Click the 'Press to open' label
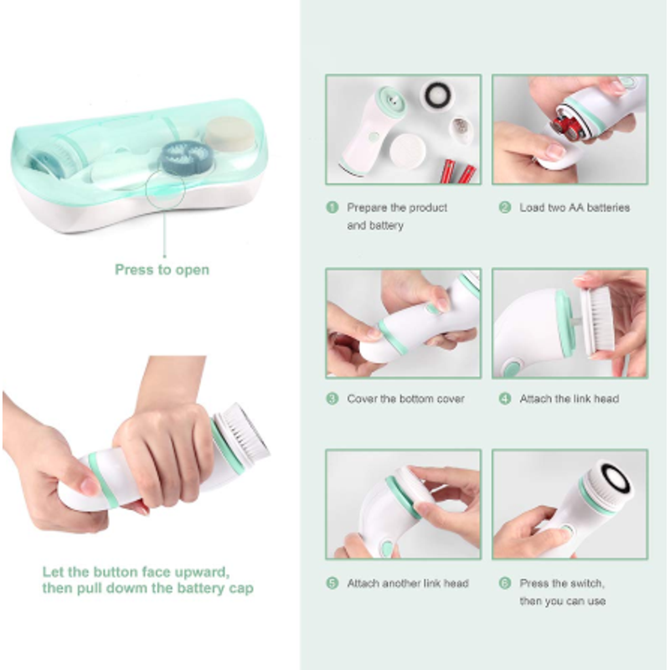(x=162, y=270)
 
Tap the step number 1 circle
(x=332, y=208)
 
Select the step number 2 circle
(x=505, y=208)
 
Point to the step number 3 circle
(x=332, y=399)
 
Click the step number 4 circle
(x=505, y=399)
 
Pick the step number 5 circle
(x=332, y=583)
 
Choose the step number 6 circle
(x=505, y=583)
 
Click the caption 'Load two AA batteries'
(x=575, y=208)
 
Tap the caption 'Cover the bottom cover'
(x=405, y=399)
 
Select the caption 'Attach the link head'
(x=569, y=399)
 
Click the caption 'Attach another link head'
(x=408, y=583)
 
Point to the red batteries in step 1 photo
(x=458, y=172)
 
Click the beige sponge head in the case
(x=231, y=133)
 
